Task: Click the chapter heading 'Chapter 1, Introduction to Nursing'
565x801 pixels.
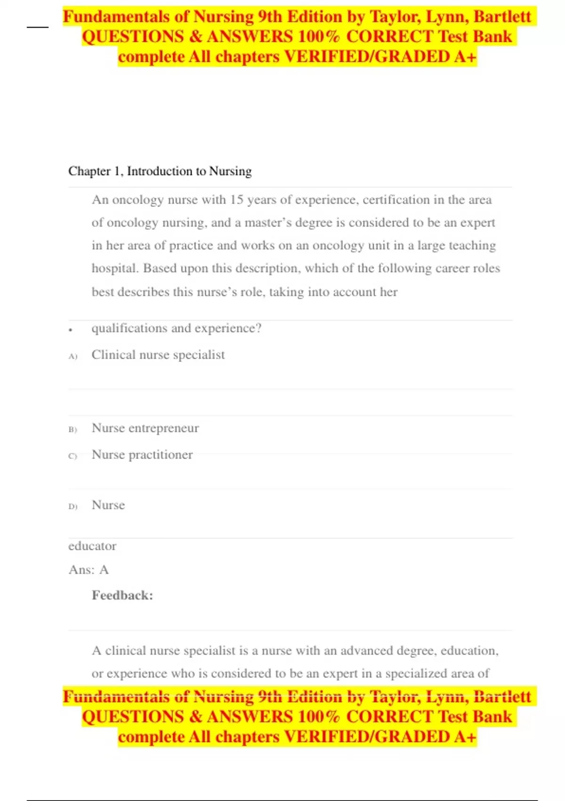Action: (x=160, y=171)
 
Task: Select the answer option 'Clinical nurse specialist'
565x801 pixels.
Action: (x=158, y=355)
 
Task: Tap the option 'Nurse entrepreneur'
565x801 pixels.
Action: (x=145, y=428)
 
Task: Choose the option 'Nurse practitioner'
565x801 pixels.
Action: (x=142, y=455)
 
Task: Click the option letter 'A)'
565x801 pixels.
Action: (x=73, y=356)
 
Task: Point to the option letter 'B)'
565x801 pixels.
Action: (x=73, y=430)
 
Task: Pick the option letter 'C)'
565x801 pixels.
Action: (x=73, y=456)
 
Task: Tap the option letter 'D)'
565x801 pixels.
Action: (x=73, y=507)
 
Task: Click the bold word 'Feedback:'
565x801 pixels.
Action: (x=122, y=596)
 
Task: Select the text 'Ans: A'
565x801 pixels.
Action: (x=89, y=570)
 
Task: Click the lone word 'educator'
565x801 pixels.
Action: (x=92, y=546)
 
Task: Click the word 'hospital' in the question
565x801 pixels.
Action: (x=114, y=269)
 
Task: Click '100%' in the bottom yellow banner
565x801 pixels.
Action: (x=319, y=717)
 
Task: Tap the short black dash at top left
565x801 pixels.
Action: (x=38, y=27)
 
